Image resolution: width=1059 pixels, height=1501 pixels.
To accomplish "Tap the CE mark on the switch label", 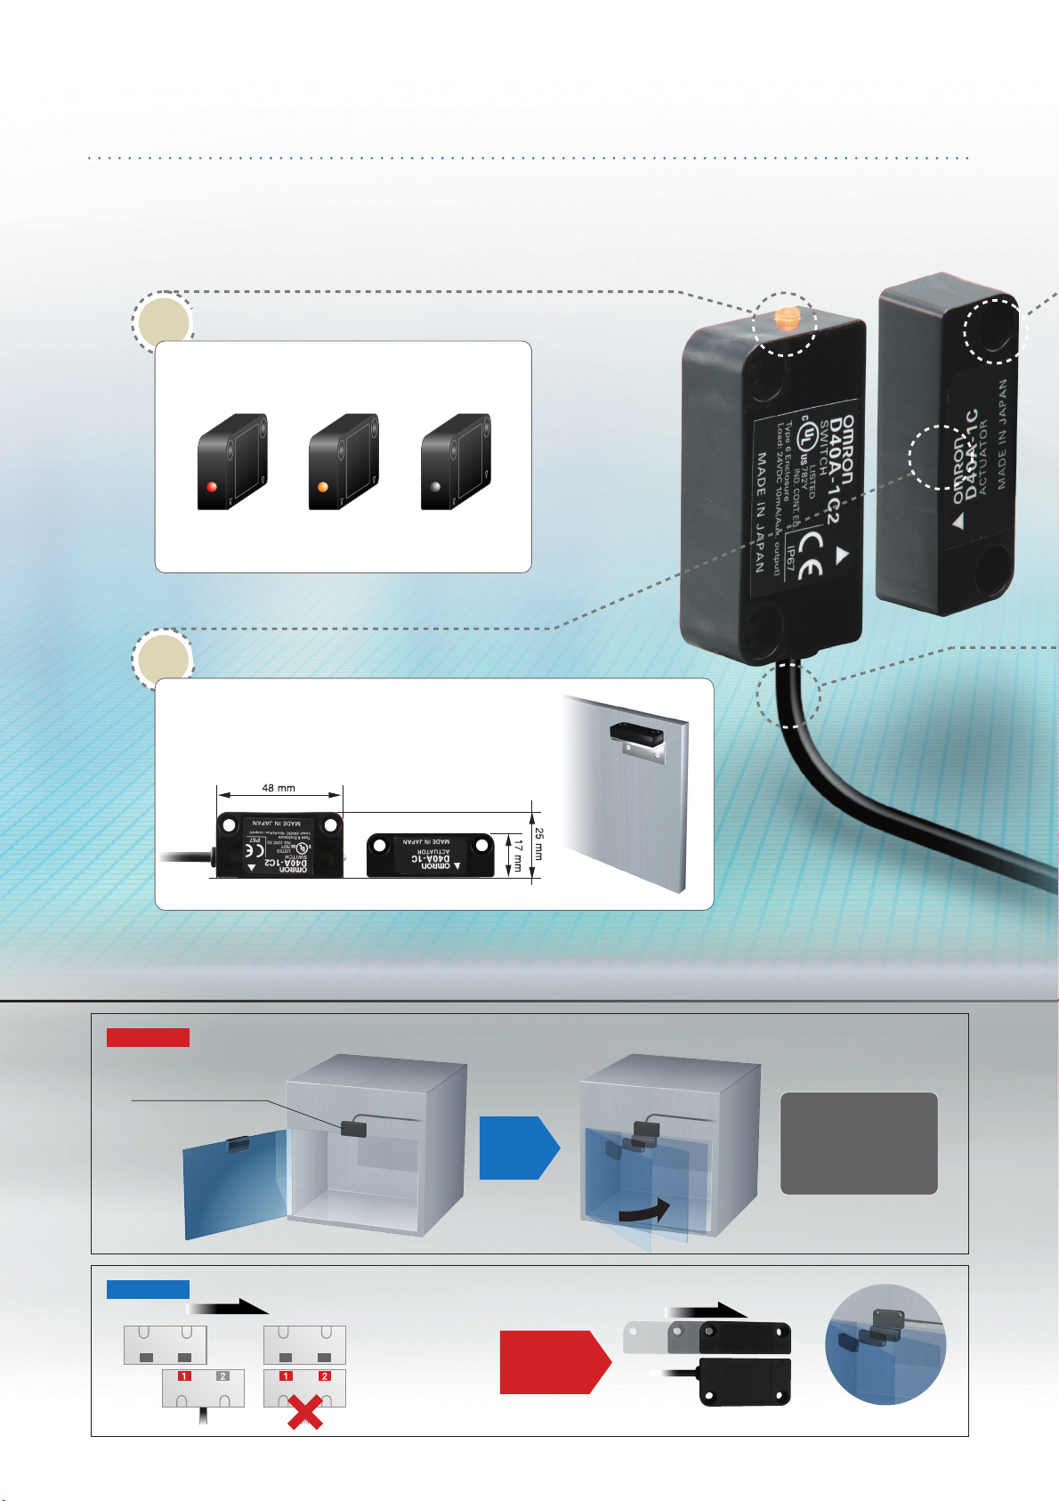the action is point(809,555).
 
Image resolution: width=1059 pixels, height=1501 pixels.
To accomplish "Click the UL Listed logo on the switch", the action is point(807,435).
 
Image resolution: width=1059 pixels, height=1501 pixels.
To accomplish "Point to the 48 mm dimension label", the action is point(279,788).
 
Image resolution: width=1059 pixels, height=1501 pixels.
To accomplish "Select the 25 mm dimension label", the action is point(538,844).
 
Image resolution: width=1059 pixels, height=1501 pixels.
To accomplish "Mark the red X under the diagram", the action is point(304,1412).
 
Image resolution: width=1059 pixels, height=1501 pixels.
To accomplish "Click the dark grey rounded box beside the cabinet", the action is point(859,1143).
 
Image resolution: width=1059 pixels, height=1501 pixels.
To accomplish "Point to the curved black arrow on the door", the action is point(644,1211).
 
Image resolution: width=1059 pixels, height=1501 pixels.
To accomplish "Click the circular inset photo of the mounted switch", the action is point(885,1344).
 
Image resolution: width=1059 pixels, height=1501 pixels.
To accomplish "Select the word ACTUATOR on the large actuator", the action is point(982,458).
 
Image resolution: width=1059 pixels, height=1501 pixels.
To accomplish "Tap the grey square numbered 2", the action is point(223,1375).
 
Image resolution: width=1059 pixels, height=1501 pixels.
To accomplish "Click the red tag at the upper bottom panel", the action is point(148,1037).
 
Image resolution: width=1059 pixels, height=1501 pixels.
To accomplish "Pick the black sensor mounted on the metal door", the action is point(636,734).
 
